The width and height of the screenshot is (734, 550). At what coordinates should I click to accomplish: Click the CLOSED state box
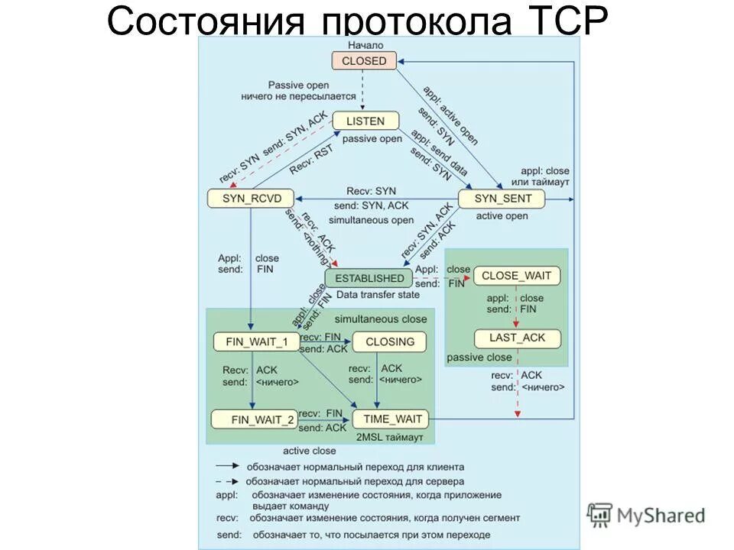(365, 61)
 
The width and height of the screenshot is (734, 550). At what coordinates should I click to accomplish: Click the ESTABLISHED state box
(369, 278)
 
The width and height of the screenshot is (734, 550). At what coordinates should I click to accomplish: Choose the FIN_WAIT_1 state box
(256, 341)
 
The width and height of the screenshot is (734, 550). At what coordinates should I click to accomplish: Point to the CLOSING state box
(389, 341)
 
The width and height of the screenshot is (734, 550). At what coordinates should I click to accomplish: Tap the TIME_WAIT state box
(390, 419)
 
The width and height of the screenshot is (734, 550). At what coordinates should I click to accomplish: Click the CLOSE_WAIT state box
(517, 276)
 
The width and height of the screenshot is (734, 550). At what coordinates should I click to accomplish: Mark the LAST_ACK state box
(518, 338)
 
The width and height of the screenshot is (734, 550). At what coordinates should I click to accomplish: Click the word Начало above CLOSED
(365, 45)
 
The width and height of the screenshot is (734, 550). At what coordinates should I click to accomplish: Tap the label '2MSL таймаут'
(389, 437)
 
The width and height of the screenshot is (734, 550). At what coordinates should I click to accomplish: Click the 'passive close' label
(479, 357)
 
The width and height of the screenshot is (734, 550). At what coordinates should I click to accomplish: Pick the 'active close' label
(309, 451)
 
